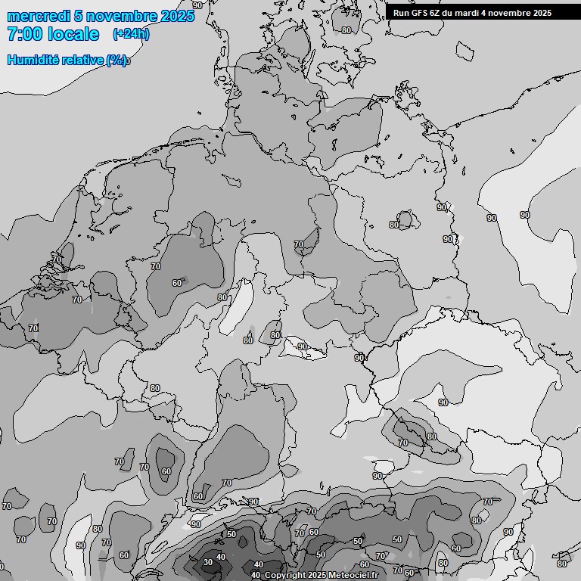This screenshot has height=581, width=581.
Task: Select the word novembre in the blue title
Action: click(122, 17)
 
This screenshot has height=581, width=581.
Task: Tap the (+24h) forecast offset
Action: click(130, 34)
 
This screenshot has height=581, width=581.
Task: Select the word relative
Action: click(81, 60)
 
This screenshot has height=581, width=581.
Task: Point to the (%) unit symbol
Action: click(117, 60)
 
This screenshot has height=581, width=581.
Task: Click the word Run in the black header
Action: click(402, 13)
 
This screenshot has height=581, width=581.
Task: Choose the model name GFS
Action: click(420, 13)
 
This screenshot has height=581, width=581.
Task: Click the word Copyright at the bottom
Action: click(285, 576)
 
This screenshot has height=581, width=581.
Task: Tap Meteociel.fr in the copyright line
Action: click(353, 576)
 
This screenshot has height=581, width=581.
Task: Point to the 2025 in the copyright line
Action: click(317, 576)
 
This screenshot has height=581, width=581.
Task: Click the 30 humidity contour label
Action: click(208, 562)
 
